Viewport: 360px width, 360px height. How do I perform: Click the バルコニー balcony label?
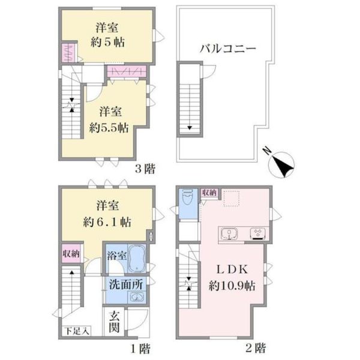click(x=228, y=49)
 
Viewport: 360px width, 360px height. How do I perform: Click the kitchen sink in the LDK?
click(x=229, y=234)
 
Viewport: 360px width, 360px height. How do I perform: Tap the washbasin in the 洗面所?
click(x=137, y=297)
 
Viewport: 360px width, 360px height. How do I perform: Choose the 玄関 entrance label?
click(x=114, y=322)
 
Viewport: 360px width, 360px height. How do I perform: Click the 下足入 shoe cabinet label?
click(x=76, y=331)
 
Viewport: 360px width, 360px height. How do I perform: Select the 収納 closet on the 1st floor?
click(x=71, y=253)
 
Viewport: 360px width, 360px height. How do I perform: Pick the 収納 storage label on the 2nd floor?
click(x=209, y=193)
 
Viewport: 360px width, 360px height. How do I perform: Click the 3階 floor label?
click(x=145, y=169)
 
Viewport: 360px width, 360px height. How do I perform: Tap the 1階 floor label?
click(x=141, y=349)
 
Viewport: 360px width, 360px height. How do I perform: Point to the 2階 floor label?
click(x=256, y=348)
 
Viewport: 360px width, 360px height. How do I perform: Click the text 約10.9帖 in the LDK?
click(x=232, y=286)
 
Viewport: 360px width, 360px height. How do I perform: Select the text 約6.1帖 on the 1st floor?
click(x=107, y=222)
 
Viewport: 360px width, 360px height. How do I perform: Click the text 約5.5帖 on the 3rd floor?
click(x=109, y=128)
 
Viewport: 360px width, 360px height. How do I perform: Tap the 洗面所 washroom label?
click(x=126, y=284)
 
